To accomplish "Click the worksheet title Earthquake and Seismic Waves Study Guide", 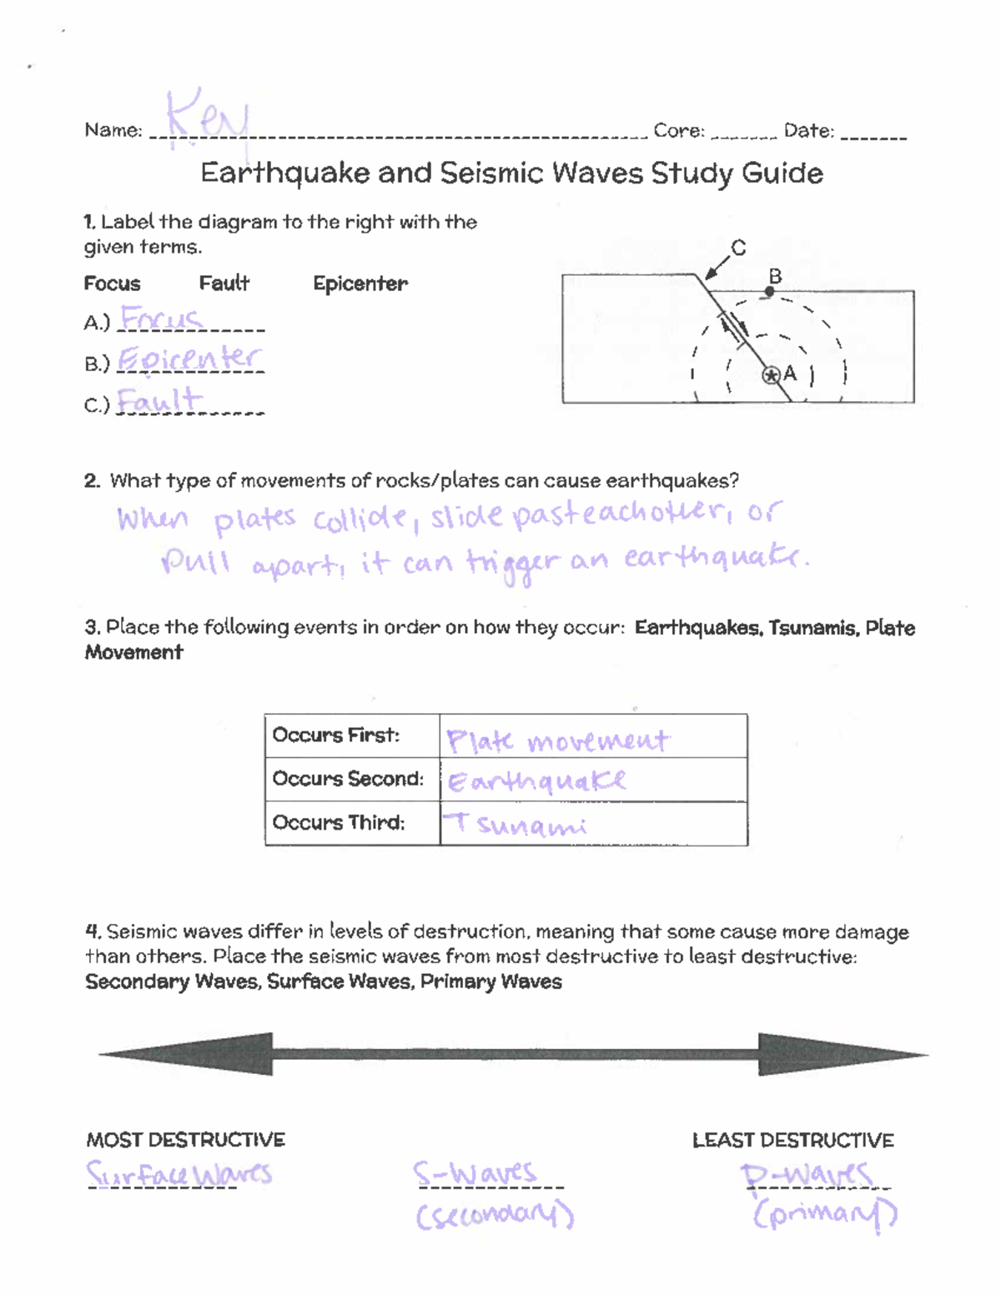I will click(511, 173).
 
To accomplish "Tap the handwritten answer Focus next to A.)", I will click(161, 319).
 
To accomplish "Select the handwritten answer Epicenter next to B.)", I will click(189, 359).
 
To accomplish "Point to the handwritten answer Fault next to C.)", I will click(159, 400).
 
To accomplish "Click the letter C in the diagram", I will click(738, 248).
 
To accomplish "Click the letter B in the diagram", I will click(775, 276).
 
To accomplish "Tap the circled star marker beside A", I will click(771, 375).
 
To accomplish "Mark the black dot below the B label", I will click(770, 292).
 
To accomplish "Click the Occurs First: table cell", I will click(352, 735).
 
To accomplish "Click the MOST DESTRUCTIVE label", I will click(185, 1140).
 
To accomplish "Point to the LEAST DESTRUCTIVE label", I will click(792, 1140).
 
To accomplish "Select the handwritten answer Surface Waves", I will click(179, 1174).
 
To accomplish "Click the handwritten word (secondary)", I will click(495, 1215).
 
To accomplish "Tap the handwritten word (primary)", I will click(824, 1213).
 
